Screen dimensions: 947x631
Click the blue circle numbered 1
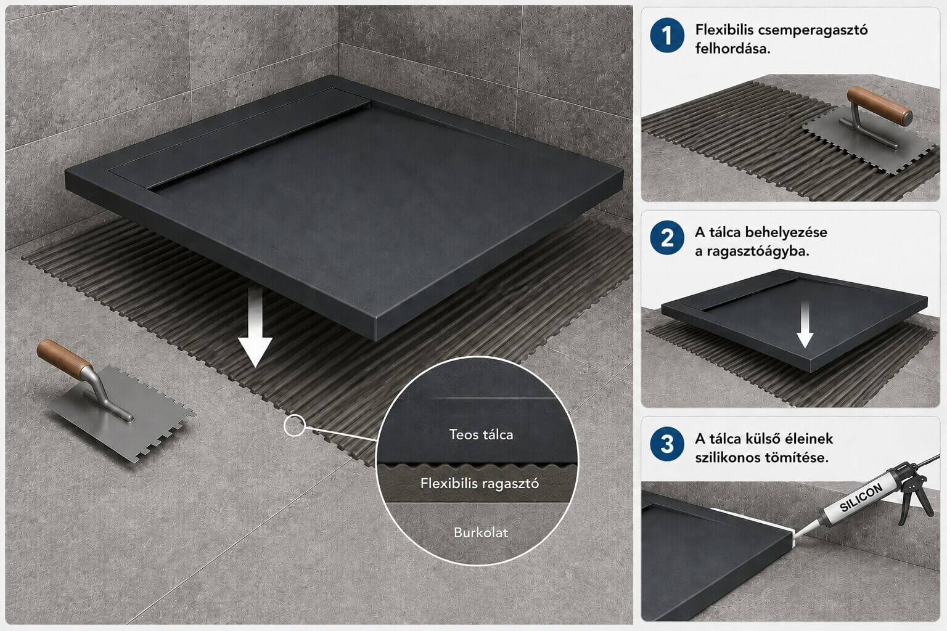[x=667, y=35]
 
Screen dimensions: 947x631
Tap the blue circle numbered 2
[x=667, y=238]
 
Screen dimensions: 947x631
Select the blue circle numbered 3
[x=667, y=444]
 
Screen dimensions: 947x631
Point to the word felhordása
[x=732, y=49]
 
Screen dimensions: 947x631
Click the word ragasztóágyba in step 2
[x=756, y=251]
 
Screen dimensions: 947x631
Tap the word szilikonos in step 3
[x=725, y=458]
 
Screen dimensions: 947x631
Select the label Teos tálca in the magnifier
[x=481, y=434]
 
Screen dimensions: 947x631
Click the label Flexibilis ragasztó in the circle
[x=480, y=484]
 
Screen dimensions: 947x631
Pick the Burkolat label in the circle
[x=481, y=532]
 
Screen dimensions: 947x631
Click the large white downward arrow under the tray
[x=255, y=327]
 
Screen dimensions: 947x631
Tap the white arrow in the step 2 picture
[x=805, y=325]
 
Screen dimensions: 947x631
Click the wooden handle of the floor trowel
[x=64, y=360]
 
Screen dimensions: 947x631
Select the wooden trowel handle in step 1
[x=879, y=105]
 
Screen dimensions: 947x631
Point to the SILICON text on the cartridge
[x=861, y=497]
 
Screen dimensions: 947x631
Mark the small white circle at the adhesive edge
[x=295, y=425]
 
